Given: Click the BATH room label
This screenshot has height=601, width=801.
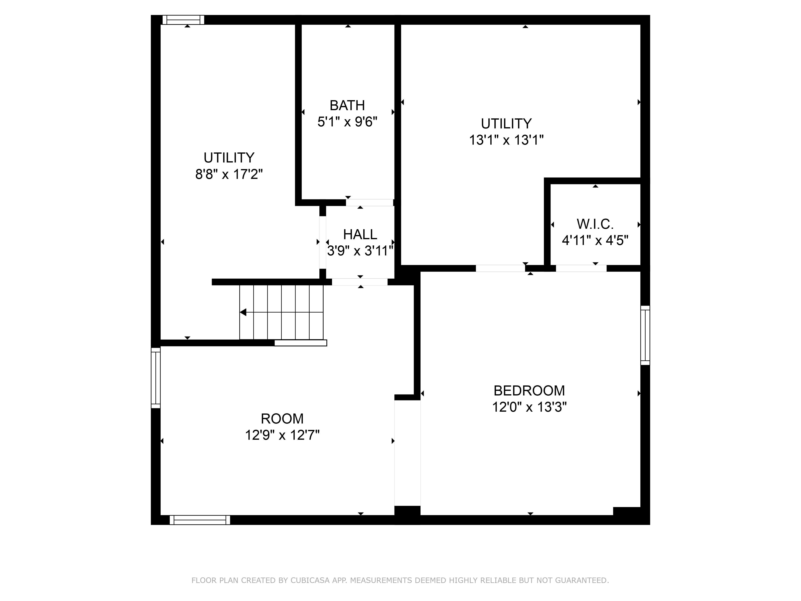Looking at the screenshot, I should pyautogui.click(x=347, y=105).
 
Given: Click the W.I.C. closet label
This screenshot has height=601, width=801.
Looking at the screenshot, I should pyautogui.click(x=595, y=224).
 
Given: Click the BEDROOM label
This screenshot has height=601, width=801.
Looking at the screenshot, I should pyautogui.click(x=529, y=390).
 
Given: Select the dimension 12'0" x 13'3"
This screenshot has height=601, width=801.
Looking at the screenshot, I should pyautogui.click(x=529, y=407).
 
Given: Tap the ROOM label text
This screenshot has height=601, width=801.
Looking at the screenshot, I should pyautogui.click(x=282, y=418).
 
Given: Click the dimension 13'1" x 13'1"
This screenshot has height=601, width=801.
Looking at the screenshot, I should pyautogui.click(x=506, y=140).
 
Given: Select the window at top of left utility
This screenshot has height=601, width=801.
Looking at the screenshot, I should pyautogui.click(x=183, y=20).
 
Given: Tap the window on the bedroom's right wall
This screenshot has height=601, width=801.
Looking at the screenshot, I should pyautogui.click(x=645, y=335).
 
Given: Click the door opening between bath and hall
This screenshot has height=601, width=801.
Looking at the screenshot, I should pyautogui.click(x=369, y=203).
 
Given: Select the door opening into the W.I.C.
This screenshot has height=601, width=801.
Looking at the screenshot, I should pyautogui.click(x=581, y=268).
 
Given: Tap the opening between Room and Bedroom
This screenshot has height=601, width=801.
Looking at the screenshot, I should pyautogui.click(x=407, y=453).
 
